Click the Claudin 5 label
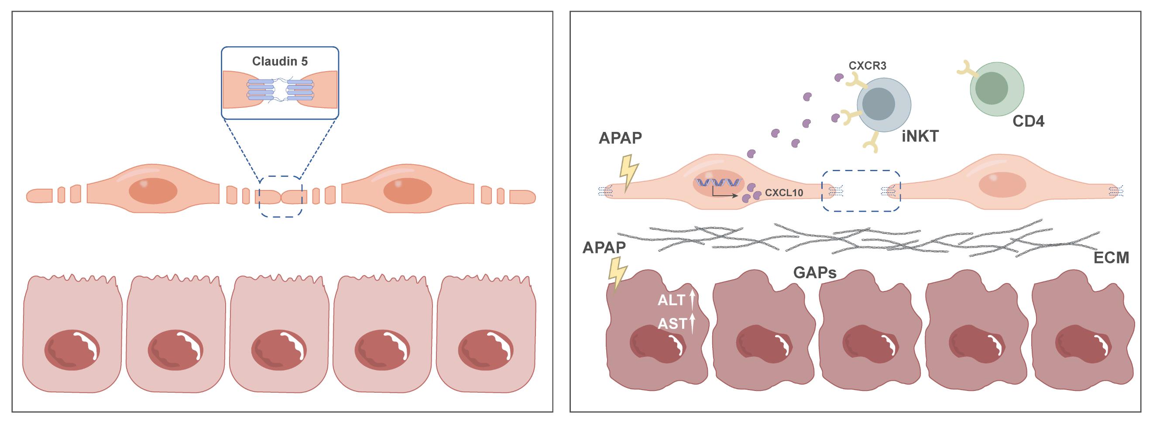280,61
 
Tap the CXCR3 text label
868,66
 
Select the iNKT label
920,136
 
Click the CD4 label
1028,121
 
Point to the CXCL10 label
784,193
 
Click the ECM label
1111,258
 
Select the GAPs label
815,272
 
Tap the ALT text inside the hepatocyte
671,301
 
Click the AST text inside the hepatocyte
672,323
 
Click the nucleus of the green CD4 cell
992,88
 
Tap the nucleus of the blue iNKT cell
878,104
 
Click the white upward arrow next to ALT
692,300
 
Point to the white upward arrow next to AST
692,323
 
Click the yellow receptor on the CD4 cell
966,69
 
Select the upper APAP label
620,138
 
